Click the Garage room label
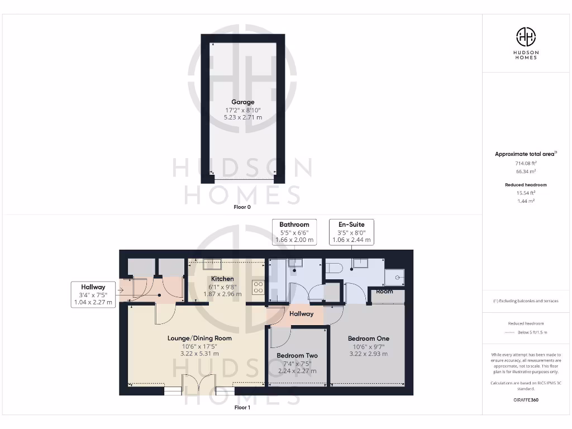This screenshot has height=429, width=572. pyautogui.click(x=243, y=102)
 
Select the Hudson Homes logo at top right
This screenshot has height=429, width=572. pyautogui.click(x=526, y=37)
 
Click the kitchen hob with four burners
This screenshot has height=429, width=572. pyautogui.click(x=259, y=287)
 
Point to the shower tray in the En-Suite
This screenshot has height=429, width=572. pyautogui.click(x=396, y=275)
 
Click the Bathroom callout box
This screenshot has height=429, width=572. pyautogui.click(x=294, y=232)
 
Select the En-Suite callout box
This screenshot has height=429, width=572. pyautogui.click(x=351, y=232)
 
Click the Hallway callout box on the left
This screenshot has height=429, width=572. pyautogui.click(x=93, y=294)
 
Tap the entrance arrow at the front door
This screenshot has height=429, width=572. pyautogui.click(x=120, y=290)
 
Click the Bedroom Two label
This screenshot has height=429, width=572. pyautogui.click(x=297, y=355)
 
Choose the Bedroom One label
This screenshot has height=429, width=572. pyautogui.click(x=368, y=339)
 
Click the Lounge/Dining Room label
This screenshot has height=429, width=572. pyautogui.click(x=199, y=338)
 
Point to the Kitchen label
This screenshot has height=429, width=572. pyautogui.click(x=222, y=279)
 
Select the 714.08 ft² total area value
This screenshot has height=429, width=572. pyautogui.click(x=525, y=163)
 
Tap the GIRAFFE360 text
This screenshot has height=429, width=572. pyautogui.click(x=525, y=400)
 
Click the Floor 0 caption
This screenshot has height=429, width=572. pyautogui.click(x=242, y=207)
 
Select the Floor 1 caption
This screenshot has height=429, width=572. pyautogui.click(x=242, y=408)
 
